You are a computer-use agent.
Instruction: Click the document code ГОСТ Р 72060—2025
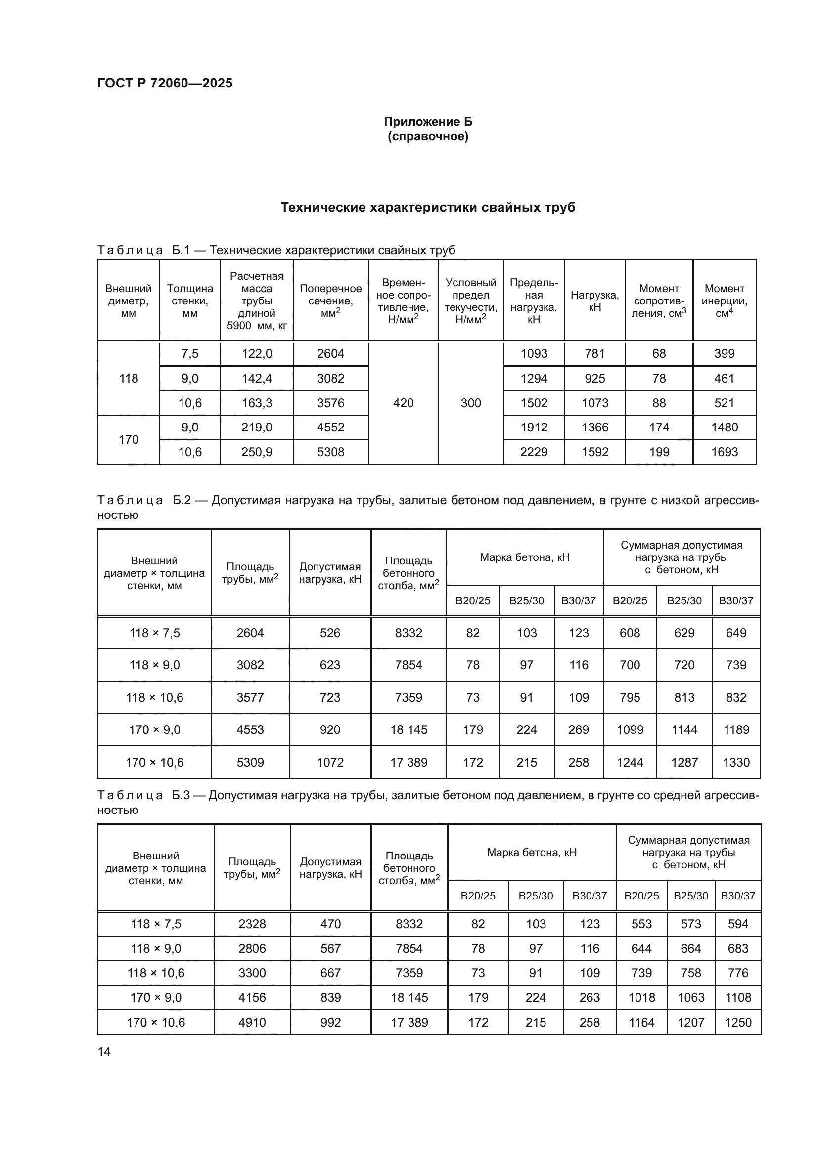[x=165, y=83]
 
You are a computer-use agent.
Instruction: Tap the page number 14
[x=104, y=1051]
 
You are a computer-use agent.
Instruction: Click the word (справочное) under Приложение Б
[x=428, y=136]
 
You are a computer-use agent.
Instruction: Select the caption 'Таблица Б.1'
[x=143, y=250]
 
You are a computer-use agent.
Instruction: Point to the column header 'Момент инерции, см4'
[x=725, y=300]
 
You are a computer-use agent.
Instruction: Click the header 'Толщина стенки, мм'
[x=190, y=300]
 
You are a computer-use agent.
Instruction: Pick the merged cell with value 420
[x=403, y=403]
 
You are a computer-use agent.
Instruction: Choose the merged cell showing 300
[x=470, y=403]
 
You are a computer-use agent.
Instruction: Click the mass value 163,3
[x=256, y=403]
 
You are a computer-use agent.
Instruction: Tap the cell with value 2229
[x=534, y=452]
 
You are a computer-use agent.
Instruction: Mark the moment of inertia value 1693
[x=725, y=452]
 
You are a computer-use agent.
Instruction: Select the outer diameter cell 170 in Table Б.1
[x=129, y=439]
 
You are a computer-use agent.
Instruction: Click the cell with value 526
[x=330, y=633]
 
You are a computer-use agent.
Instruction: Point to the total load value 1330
[x=736, y=762]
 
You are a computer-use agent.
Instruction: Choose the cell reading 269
[x=578, y=729]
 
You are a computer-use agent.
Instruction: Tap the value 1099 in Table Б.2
[x=630, y=729]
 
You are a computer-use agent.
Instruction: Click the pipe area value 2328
[x=252, y=924]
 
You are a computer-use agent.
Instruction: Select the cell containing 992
[x=330, y=1022]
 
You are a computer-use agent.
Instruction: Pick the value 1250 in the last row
[x=738, y=1022]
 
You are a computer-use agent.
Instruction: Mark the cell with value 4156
[x=252, y=997]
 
